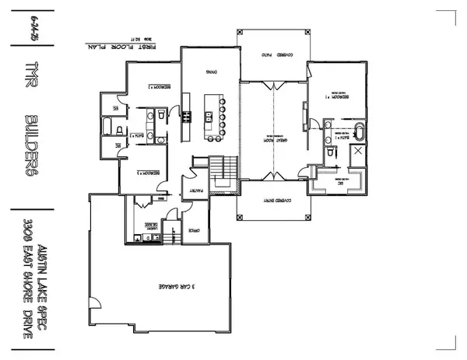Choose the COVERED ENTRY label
[276, 199]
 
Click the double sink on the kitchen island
[209, 117]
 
